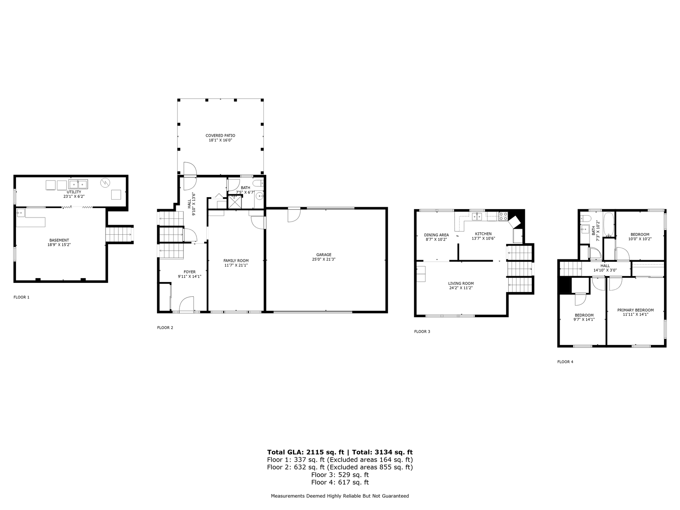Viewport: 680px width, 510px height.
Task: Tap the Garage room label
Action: tap(324, 255)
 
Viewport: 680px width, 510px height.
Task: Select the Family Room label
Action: tap(236, 261)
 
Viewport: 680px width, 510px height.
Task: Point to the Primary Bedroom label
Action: tap(635, 310)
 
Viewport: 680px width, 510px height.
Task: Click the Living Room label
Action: tap(461, 283)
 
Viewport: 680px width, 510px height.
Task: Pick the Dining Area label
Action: tap(436, 235)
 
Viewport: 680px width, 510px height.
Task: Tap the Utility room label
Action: tap(74, 192)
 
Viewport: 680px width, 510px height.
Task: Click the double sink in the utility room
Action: tap(78, 184)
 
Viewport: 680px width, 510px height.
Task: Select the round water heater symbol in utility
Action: tap(105, 182)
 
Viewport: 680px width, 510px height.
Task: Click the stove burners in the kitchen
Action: tap(503, 216)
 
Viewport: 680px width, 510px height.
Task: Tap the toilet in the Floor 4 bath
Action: tap(585, 218)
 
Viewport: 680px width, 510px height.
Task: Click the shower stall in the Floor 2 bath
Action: tap(234, 202)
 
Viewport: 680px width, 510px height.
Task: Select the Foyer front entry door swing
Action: tap(186, 304)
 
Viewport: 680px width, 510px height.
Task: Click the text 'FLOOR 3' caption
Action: tap(422, 331)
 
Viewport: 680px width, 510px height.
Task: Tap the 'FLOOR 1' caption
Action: tap(22, 297)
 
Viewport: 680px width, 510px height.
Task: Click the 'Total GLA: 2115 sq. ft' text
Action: tap(305, 452)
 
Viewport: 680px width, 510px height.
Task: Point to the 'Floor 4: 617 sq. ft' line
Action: tap(340, 483)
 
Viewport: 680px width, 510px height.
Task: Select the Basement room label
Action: tap(59, 240)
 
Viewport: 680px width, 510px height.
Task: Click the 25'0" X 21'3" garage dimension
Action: tap(324, 259)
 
